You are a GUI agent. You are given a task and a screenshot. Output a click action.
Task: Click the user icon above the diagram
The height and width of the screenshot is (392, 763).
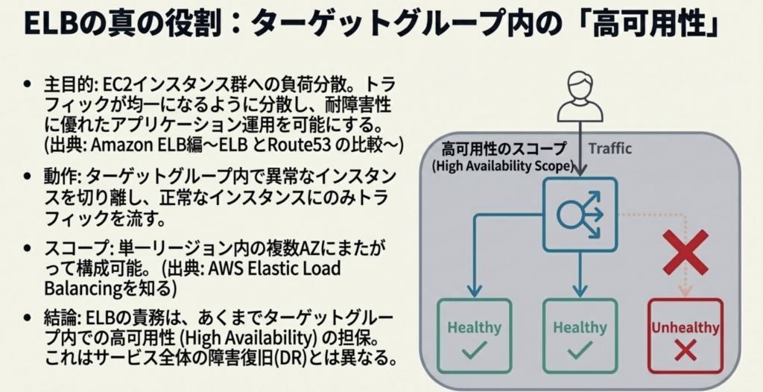(x=580, y=96)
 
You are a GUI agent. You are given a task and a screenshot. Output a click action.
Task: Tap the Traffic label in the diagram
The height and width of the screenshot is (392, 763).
(x=610, y=148)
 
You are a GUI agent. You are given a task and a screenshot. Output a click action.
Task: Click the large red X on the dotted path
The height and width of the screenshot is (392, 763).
(x=686, y=251)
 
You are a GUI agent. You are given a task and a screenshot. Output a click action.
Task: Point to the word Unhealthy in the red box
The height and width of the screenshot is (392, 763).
(x=686, y=328)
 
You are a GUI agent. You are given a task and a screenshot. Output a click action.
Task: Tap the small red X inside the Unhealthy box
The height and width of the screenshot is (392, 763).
(x=686, y=350)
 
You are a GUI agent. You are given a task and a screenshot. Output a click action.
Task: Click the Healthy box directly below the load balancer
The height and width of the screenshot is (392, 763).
(x=580, y=335)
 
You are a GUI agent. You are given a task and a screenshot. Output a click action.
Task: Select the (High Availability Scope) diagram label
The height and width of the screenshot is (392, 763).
(x=503, y=165)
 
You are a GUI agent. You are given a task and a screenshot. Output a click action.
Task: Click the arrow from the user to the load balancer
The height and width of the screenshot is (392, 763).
(x=580, y=149)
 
